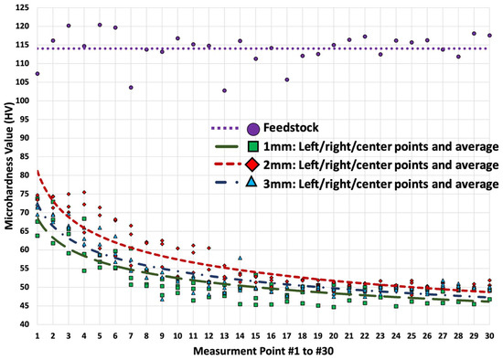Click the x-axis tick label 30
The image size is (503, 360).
click(490, 335)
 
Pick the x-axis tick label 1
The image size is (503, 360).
click(37, 335)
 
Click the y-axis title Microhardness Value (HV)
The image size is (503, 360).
click(7, 166)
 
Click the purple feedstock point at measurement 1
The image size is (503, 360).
click(37, 73)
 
